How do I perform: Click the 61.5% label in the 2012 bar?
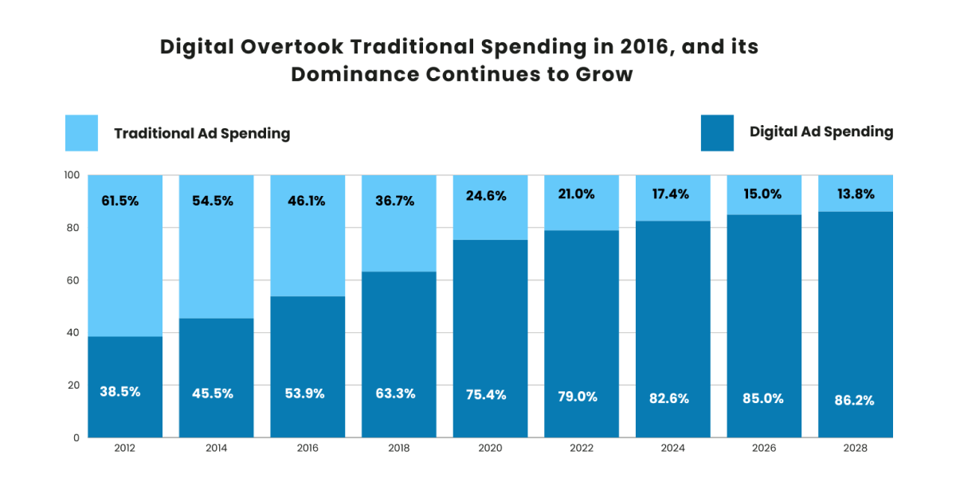[x=119, y=201]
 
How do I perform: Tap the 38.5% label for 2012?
[x=119, y=392]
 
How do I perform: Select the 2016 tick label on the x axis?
[x=308, y=449]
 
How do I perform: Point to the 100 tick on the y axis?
[x=72, y=175]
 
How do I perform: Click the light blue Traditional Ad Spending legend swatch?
[x=81, y=133]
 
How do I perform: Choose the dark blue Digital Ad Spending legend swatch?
[x=717, y=133]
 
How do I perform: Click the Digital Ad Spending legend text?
[x=821, y=132]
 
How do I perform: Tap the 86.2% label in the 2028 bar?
[x=855, y=401]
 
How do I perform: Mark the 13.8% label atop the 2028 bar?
[x=855, y=194]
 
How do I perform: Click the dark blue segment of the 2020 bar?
[x=490, y=335]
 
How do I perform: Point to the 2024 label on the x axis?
[x=672, y=449]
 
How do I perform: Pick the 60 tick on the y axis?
[x=72, y=280]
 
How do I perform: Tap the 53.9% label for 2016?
[x=305, y=394]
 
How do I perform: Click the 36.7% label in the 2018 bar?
[x=396, y=201]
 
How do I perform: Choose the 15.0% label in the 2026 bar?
[x=763, y=194]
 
